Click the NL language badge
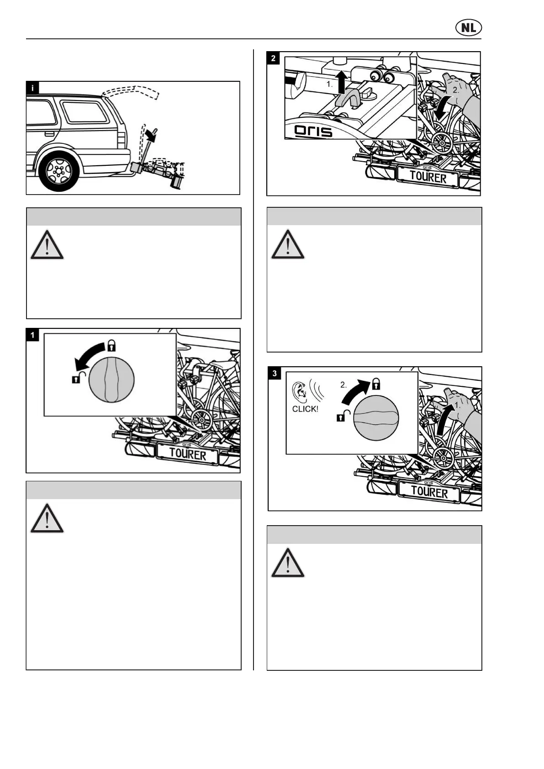(x=468, y=28)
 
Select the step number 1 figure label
(x=32, y=335)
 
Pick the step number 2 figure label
(x=273, y=58)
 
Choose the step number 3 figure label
(x=275, y=374)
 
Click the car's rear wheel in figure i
(x=58, y=171)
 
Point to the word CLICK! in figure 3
(x=305, y=409)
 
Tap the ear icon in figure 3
(x=300, y=390)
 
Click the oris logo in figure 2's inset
(x=313, y=131)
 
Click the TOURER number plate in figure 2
(x=428, y=176)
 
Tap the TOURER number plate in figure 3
(x=429, y=492)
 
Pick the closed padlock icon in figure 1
(x=111, y=346)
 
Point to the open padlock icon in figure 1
(x=78, y=377)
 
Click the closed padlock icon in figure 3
(x=376, y=383)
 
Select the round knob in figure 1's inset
(x=111, y=380)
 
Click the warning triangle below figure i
(x=47, y=245)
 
